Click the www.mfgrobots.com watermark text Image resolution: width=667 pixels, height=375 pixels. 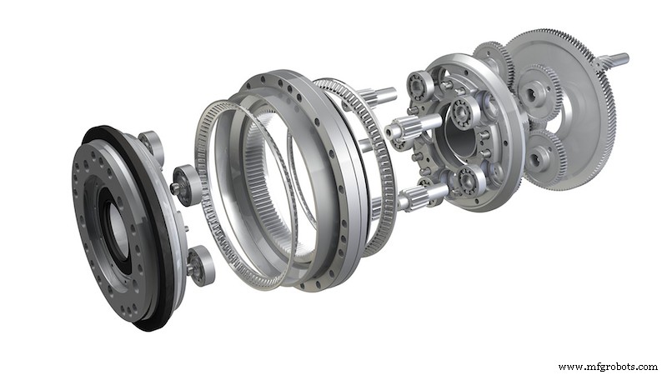[608, 367]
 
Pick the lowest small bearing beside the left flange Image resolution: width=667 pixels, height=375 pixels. [200, 265]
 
